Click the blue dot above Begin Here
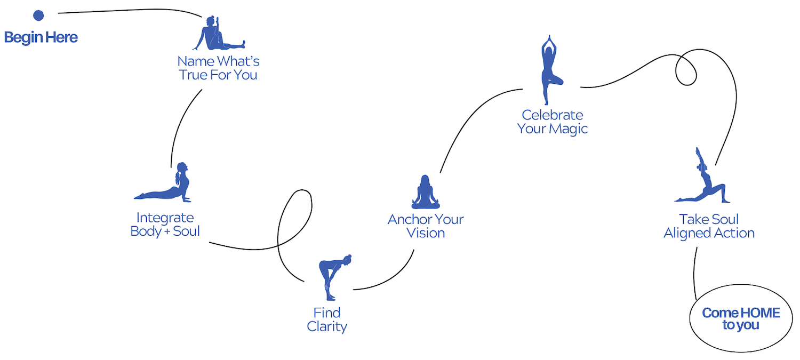tap(38, 15)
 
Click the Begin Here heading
tap(41, 37)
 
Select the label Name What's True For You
tap(218, 68)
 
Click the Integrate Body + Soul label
tap(165, 225)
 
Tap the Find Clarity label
tap(327, 319)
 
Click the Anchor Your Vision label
tap(426, 226)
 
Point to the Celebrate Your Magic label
tap(553, 122)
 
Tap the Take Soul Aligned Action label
tap(709, 226)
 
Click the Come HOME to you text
tap(741, 319)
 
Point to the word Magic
tap(569, 129)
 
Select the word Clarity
tap(327, 326)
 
